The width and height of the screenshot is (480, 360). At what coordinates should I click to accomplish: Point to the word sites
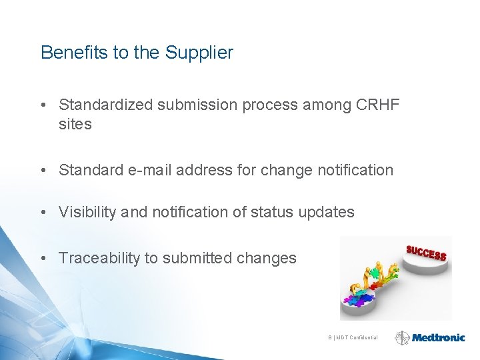(x=75, y=124)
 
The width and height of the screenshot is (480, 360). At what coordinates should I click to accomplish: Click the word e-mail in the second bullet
(x=151, y=170)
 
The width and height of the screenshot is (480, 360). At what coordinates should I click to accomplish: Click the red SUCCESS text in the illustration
(x=426, y=253)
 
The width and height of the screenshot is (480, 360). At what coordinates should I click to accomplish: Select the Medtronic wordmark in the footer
(x=438, y=338)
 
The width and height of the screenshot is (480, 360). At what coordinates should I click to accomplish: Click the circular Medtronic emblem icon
(x=402, y=338)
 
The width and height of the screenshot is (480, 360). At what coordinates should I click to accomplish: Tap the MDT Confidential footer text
(x=354, y=338)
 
